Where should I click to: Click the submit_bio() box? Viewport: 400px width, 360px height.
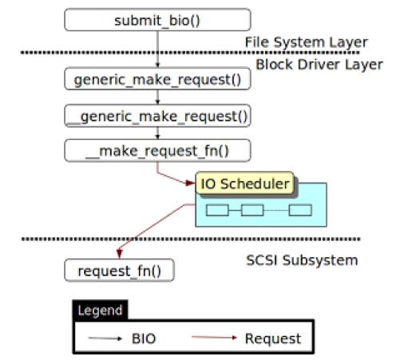157,20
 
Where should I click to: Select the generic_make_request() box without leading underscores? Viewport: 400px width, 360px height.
157,79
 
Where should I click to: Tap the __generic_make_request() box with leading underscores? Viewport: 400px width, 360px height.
157,116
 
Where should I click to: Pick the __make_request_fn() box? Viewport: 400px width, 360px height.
157,150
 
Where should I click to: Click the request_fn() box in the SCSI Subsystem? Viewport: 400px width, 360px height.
119,270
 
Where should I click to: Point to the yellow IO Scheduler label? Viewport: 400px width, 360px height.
245,184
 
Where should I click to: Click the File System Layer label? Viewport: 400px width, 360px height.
307,42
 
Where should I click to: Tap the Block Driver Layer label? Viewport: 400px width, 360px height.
319,65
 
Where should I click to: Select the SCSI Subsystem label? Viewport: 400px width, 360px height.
302,260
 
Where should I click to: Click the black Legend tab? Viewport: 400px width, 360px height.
100,310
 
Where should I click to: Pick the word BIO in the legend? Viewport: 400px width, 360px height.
144,338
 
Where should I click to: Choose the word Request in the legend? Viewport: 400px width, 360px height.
273,338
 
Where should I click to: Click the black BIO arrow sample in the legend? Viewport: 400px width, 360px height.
105,338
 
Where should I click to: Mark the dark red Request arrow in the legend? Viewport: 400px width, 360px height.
214,338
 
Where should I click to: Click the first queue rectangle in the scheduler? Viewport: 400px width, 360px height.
217,210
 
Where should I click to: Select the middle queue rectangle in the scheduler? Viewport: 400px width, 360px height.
252,210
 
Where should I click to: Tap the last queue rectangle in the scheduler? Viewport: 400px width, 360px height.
300,210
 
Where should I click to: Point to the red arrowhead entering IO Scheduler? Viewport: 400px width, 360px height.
191,183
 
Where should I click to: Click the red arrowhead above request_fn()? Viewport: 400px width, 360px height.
120,254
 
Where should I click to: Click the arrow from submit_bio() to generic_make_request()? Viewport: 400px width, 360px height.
157,49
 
